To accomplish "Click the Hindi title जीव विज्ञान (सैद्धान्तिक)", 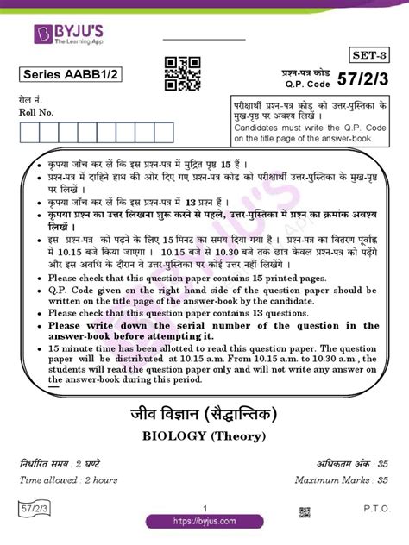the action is click(204, 411).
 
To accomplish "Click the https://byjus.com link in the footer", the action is click(204, 522).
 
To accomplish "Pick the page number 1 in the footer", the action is click(204, 508).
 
